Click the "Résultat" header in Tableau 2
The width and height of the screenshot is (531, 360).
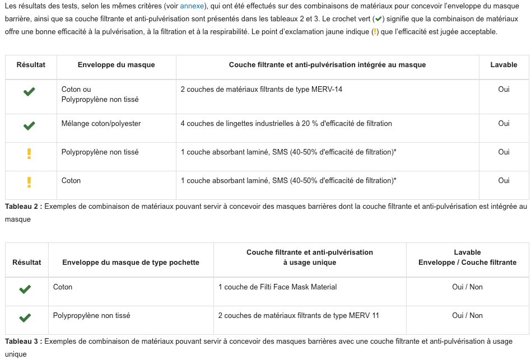click(31, 65)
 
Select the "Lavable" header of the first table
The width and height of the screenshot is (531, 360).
click(504, 65)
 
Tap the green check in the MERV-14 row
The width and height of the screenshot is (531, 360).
click(29, 92)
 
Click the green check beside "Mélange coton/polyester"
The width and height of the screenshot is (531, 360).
click(29, 126)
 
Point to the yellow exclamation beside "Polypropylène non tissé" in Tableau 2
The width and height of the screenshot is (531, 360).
click(29, 154)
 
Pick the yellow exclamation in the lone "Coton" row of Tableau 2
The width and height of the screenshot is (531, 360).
click(29, 183)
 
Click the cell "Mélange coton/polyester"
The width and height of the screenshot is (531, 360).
click(101, 124)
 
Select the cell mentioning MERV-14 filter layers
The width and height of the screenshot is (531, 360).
click(261, 90)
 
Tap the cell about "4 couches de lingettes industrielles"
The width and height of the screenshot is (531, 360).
click(286, 124)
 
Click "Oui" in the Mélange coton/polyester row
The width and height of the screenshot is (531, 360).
click(504, 124)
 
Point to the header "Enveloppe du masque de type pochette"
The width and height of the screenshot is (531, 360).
click(131, 262)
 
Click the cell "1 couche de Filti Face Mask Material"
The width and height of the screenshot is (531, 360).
click(277, 287)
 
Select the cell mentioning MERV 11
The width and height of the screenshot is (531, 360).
click(298, 316)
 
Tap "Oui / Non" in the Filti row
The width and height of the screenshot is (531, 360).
click(467, 287)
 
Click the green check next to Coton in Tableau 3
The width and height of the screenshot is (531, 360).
click(25, 289)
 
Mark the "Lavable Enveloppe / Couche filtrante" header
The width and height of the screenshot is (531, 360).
click(467, 258)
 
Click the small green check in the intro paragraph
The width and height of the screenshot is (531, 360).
click(378, 18)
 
